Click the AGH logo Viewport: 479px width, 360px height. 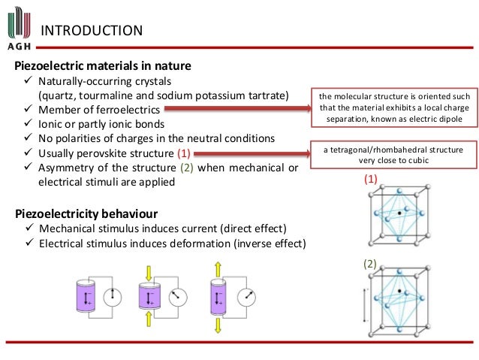point(17,26)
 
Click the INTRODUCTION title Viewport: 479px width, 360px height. point(91,31)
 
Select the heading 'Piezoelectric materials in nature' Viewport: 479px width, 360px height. point(103,65)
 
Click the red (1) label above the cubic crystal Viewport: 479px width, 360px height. point(370,180)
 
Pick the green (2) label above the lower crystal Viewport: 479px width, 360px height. point(370,264)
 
